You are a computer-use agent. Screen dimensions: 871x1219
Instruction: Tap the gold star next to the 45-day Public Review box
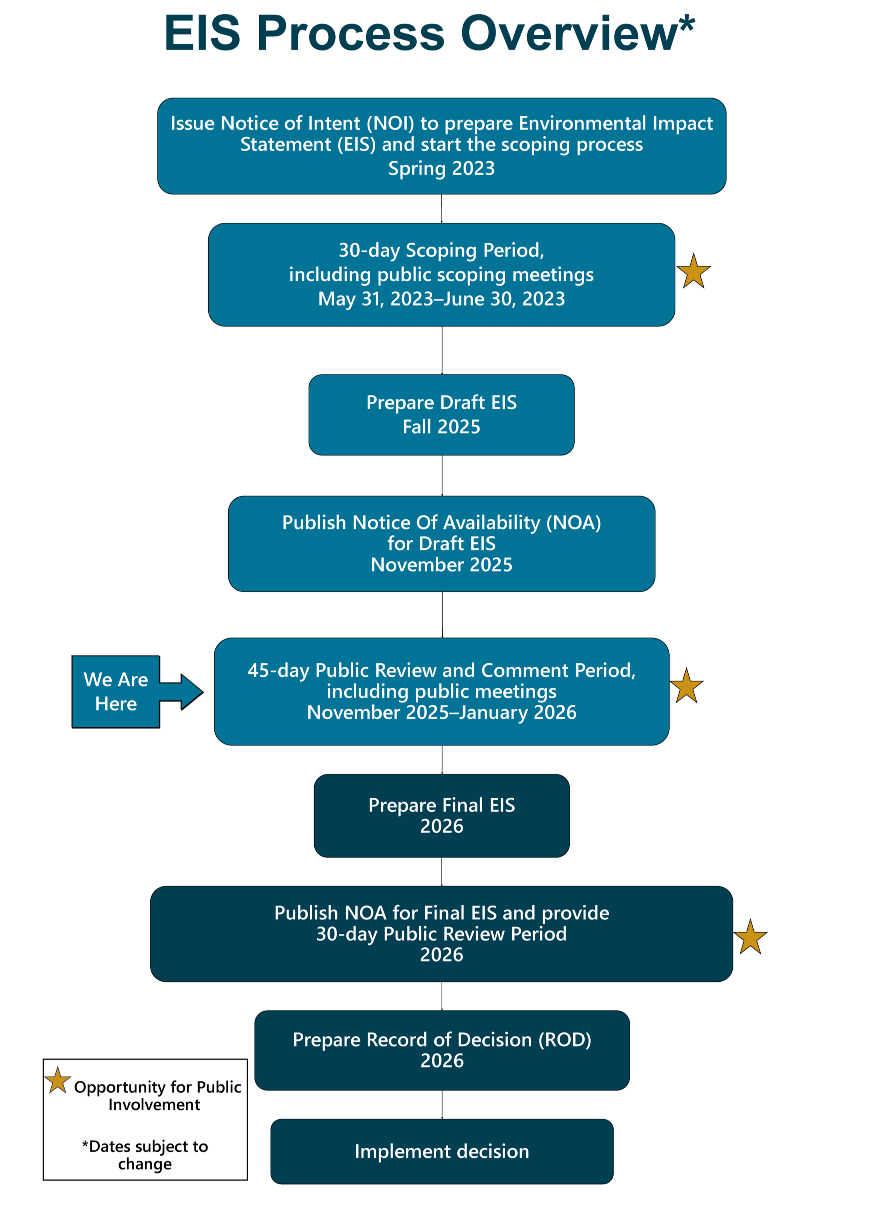[x=686, y=686]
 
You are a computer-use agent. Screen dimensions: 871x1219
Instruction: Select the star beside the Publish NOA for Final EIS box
[x=750, y=937]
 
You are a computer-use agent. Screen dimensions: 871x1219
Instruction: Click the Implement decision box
[x=442, y=1152]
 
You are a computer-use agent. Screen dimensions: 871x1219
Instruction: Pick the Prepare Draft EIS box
[x=442, y=414]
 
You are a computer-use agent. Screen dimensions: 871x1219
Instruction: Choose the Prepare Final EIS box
[x=442, y=815]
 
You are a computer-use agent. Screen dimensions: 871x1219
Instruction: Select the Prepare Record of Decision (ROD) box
[x=442, y=1050]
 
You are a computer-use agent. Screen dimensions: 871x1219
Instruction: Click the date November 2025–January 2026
[x=442, y=712]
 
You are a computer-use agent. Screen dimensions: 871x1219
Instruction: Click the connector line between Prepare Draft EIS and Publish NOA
[x=442, y=476]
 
